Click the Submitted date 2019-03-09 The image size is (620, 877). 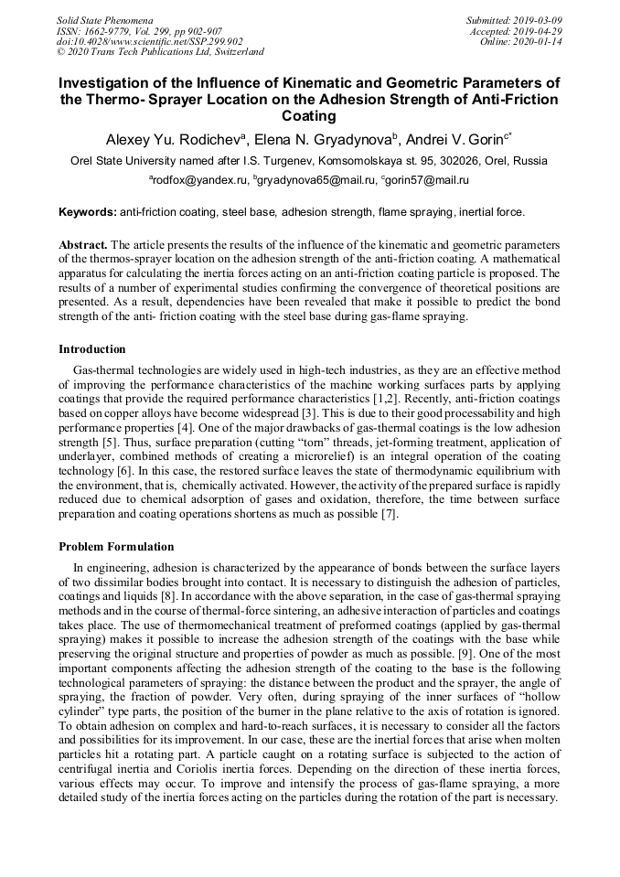[x=540, y=20]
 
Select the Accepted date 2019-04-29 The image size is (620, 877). [x=540, y=31]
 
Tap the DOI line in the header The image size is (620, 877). [x=150, y=42]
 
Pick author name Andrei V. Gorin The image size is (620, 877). [x=455, y=139]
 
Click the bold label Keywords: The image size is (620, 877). [x=88, y=212]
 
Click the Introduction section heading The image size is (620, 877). [x=92, y=348]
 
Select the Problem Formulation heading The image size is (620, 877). [x=116, y=547]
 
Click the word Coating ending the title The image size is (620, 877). [x=309, y=116]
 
